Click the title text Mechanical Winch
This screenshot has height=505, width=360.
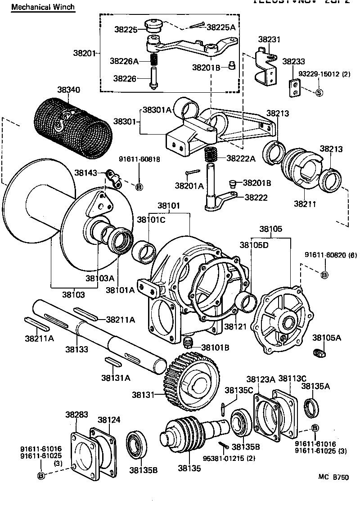(43, 7)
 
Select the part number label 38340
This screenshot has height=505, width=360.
(68, 90)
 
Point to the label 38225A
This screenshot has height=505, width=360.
(221, 27)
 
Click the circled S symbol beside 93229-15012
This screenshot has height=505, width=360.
(319, 93)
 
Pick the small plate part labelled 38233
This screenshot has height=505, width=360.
(293, 88)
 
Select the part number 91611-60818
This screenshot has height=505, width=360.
(139, 159)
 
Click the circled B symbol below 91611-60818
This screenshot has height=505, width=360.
(139, 186)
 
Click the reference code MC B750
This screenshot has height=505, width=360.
(334, 477)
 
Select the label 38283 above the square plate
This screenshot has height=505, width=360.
(76, 414)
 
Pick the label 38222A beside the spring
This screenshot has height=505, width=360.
(241, 158)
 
